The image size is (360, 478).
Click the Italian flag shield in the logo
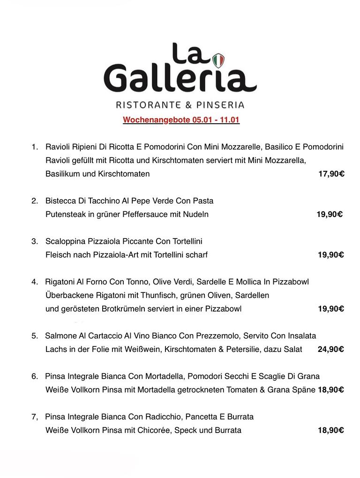pyautogui.click(x=218, y=60)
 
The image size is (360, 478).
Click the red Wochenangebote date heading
pyautogui.click(x=181, y=120)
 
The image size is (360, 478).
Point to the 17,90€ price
pyautogui.click(x=331, y=174)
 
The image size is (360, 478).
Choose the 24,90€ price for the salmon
pyautogui.click(x=330, y=349)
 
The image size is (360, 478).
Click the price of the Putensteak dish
pyautogui.click(x=330, y=215)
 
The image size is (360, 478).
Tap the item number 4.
pyautogui.click(x=35, y=282)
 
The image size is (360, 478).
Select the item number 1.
pyautogui.click(x=35, y=147)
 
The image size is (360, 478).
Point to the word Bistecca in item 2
pyautogui.click(x=60, y=201)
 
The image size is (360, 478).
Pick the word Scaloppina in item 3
pyautogui.click(x=65, y=241)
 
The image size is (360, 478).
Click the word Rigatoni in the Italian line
pyautogui.click(x=60, y=282)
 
